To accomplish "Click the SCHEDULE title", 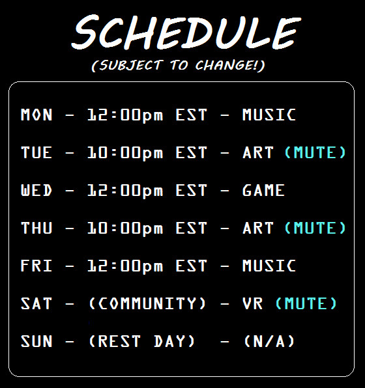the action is point(186,32).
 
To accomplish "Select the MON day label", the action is point(36,115).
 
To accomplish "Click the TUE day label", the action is point(36,152).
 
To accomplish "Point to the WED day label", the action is point(36,190).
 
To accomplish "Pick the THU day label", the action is point(36,228).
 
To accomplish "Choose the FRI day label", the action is point(36,266).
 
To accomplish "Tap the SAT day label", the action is point(36,303).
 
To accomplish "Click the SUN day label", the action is point(36,341).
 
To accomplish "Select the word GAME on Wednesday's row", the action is point(264,190).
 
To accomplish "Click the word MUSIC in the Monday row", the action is point(269,115).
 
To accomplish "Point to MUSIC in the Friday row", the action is point(269,266).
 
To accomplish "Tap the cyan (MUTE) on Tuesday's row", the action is point(315,152).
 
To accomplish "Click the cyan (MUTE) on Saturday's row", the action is point(306,303).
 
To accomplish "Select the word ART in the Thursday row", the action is point(258,228).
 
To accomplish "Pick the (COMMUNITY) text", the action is point(147,303).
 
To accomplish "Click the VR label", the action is point(252,303).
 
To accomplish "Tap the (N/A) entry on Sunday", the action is point(269,341).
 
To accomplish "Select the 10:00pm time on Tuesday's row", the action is point(125,153).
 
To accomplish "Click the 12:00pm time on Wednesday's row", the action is point(125,191).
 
